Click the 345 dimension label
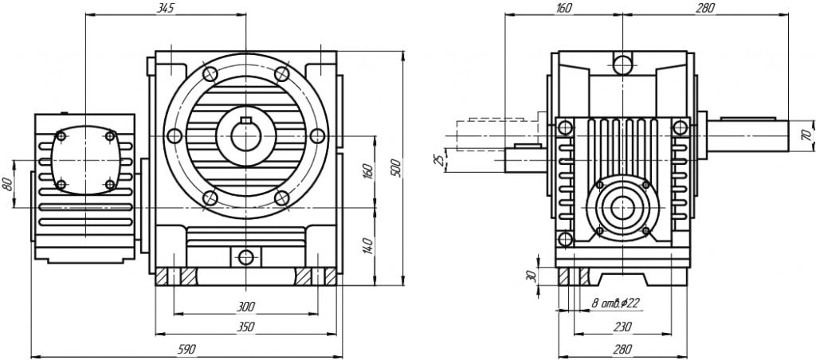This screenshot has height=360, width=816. pyautogui.click(x=165, y=8)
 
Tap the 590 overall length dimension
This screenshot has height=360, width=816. pyautogui.click(x=186, y=350)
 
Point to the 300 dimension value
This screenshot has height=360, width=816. pyautogui.click(x=245, y=306)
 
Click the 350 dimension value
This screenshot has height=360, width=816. pyautogui.click(x=245, y=327)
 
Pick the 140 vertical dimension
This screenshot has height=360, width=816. pyautogui.click(x=367, y=246)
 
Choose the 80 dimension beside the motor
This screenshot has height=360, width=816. pyautogui.click(x=9, y=182)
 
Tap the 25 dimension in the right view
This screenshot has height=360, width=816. pyautogui.click(x=437, y=159)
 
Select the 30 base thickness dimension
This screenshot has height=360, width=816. pyautogui.click(x=532, y=276)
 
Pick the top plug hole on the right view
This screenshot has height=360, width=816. pyautogui.click(x=622, y=63)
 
